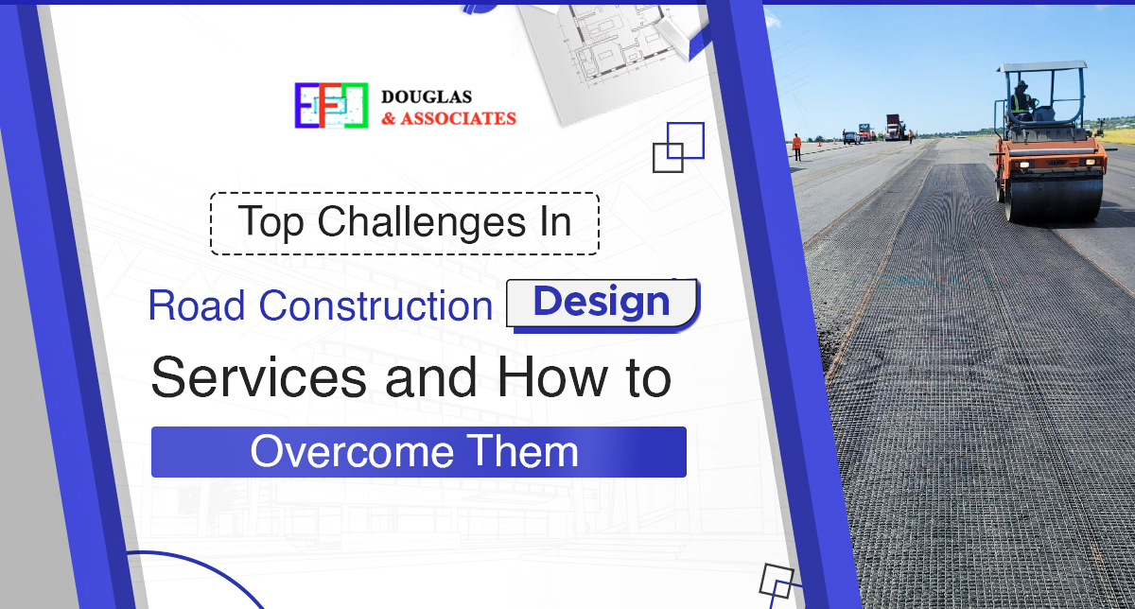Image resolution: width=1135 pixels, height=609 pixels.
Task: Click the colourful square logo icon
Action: [x=330, y=105]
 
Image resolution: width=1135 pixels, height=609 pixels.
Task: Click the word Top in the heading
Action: [x=272, y=222]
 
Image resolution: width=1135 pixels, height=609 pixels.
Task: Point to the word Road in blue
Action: [x=198, y=305]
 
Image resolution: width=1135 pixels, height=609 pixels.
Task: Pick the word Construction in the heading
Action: [x=376, y=305]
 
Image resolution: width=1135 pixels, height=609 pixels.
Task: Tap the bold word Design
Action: [x=602, y=303]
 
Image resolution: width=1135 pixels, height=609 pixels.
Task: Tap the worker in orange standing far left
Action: [x=796, y=147]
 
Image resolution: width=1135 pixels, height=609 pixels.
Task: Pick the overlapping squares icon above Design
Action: [x=679, y=147]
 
